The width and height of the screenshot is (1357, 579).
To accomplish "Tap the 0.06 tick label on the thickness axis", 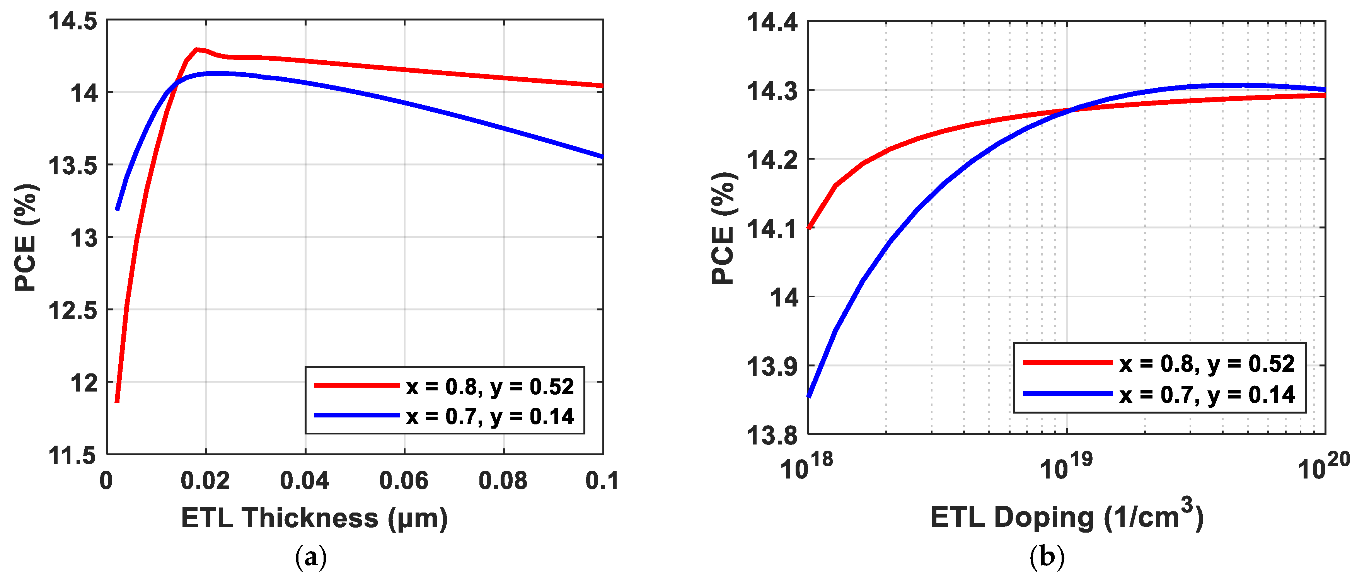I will pyautogui.click(x=404, y=480).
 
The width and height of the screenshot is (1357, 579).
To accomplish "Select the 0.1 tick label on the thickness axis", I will pyautogui.click(x=602, y=480).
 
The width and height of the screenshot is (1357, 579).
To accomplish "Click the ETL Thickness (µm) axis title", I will pyautogui.click(x=314, y=518).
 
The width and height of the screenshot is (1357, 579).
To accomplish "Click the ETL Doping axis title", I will pyautogui.click(x=1066, y=516).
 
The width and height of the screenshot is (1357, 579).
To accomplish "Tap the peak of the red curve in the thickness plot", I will pyautogui.click(x=196, y=49).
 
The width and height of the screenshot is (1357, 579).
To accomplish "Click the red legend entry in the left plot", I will pyautogui.click(x=444, y=386).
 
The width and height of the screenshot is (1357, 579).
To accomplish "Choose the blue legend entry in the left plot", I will pyautogui.click(x=444, y=416).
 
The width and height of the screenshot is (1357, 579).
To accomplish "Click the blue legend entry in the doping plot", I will pyautogui.click(x=1159, y=394).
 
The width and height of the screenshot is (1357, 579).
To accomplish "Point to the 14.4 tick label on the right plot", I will pyautogui.click(x=772, y=23).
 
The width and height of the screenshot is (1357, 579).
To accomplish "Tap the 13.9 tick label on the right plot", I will pyautogui.click(x=772, y=366).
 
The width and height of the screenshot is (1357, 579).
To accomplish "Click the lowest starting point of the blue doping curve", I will pyautogui.click(x=809, y=396).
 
